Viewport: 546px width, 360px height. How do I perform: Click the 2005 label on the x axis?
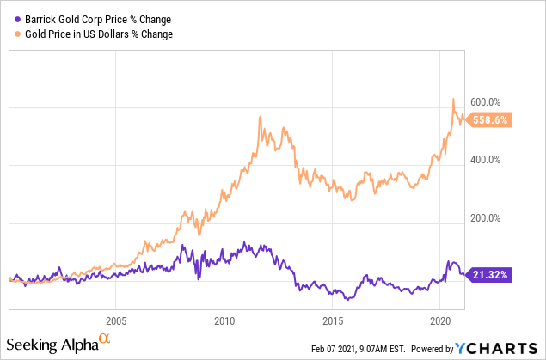point(116,319)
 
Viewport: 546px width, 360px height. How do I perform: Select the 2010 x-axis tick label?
point(224,319)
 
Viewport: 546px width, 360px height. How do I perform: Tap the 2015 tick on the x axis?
point(332,319)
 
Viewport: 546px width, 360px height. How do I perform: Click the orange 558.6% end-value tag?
point(492,120)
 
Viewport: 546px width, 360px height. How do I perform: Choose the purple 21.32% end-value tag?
point(492,274)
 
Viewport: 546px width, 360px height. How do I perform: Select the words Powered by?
point(433,349)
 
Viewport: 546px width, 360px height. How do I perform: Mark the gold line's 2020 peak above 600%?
point(453,99)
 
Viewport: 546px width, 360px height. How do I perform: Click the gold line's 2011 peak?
point(260,117)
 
